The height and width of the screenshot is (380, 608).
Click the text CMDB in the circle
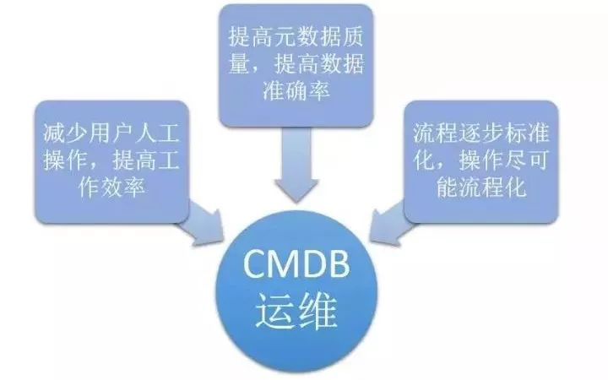(301, 268)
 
